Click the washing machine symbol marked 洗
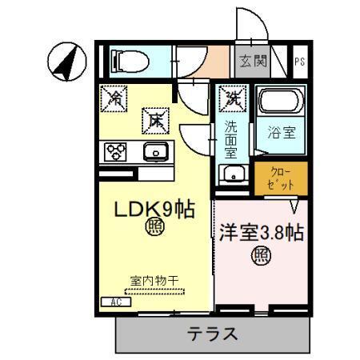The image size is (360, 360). point(233,99)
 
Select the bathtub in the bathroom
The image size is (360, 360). point(279,103)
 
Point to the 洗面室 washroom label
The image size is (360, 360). point(231,138)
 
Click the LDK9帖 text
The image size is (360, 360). point(152,210)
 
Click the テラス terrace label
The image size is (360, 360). point(212,334)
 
